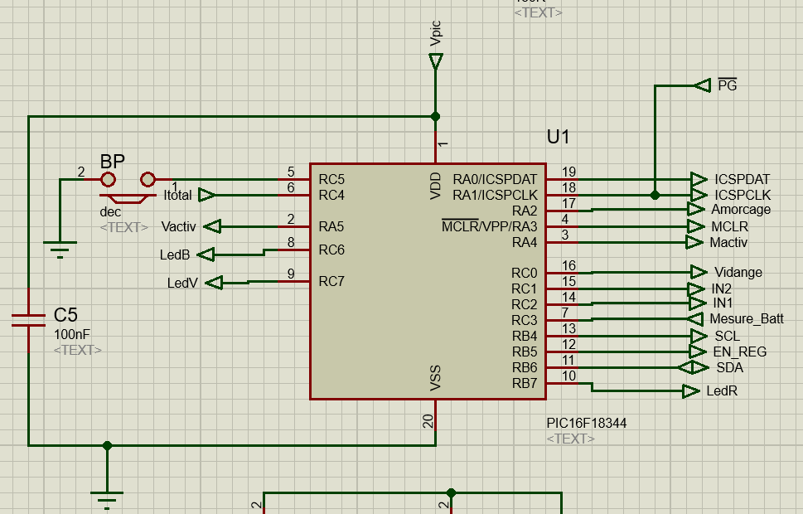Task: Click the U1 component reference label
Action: [x=559, y=138]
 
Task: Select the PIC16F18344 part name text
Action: [x=586, y=423]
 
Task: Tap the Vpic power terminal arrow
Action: [x=436, y=61]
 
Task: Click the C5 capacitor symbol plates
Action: [x=28, y=320]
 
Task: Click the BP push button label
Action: [x=112, y=161]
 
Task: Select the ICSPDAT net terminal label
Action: [x=742, y=179]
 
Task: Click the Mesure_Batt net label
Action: [x=746, y=319]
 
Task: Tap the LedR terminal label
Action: [x=723, y=390]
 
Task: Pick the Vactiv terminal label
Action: [x=178, y=226]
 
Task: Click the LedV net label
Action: [x=182, y=284]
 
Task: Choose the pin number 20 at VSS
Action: [x=428, y=421]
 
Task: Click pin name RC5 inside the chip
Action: [x=331, y=179]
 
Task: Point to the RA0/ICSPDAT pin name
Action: [x=495, y=179]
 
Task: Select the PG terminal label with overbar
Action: [x=727, y=85]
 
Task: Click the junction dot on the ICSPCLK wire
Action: [x=655, y=195]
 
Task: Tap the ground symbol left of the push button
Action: [x=60, y=248]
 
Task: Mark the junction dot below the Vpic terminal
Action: [x=436, y=116]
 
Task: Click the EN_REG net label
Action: [x=739, y=352]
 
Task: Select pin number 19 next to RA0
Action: [x=569, y=172]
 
